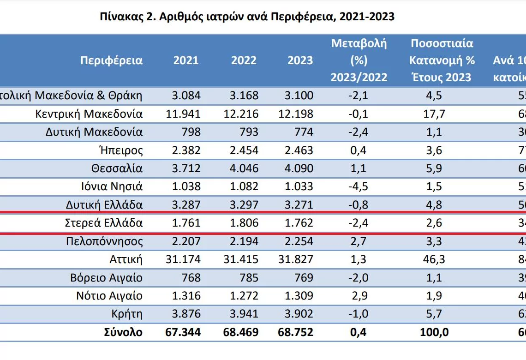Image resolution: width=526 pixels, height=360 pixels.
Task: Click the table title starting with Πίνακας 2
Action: (247, 17)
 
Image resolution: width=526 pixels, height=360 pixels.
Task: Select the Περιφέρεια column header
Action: (111, 60)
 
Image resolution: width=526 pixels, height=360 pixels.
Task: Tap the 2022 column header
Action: (244, 60)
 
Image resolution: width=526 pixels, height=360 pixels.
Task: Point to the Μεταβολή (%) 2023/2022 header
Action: (359, 60)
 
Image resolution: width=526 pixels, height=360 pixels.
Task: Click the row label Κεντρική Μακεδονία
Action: (89, 114)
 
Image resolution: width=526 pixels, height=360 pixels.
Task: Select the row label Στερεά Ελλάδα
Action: (104, 223)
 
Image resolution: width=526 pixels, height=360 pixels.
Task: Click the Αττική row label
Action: (126, 259)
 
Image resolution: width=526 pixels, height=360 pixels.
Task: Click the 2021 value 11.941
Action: (183, 114)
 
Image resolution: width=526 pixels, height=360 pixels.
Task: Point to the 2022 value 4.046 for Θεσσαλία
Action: (244, 168)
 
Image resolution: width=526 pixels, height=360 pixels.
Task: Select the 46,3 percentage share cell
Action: (434, 259)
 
